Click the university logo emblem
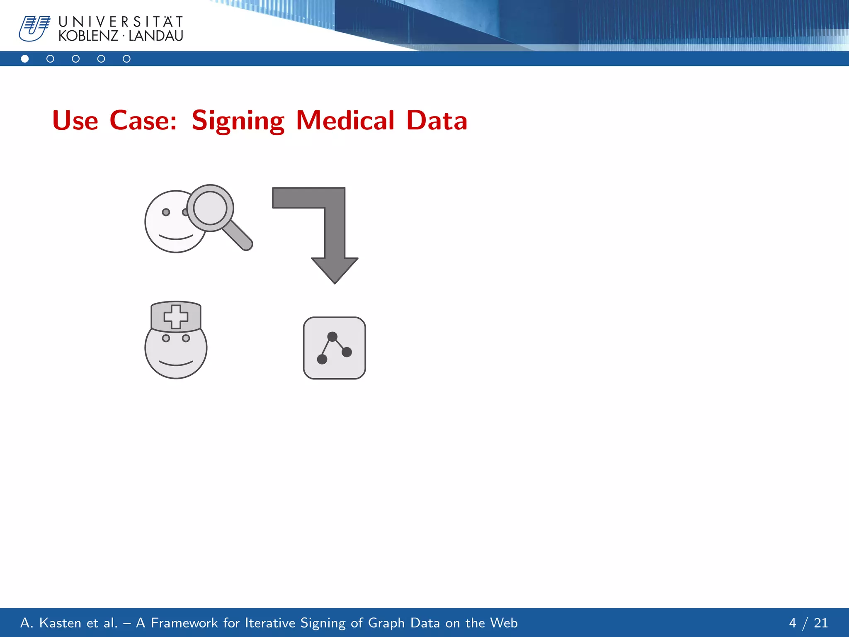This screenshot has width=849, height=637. pos(34,28)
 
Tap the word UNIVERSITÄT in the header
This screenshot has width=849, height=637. pos(121,22)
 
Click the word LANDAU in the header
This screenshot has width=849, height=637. pos(156,36)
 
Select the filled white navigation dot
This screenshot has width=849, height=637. pos(25,59)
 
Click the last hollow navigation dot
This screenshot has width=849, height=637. pos(126,59)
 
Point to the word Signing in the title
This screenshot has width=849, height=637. pos(238,121)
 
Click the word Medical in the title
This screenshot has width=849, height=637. pos(345,121)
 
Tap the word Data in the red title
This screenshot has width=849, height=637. pos(437,121)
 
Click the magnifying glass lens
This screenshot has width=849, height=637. pos(210,207)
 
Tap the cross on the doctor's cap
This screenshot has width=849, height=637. pos(176,317)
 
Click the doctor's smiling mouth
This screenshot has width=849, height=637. pos(176,364)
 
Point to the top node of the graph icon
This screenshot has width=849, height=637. pos(332,336)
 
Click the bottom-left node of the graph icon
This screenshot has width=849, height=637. pos(322,359)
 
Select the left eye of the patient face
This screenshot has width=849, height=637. pos(166,212)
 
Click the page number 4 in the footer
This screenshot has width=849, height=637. pos(793,623)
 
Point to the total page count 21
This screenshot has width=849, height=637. pos(821,623)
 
